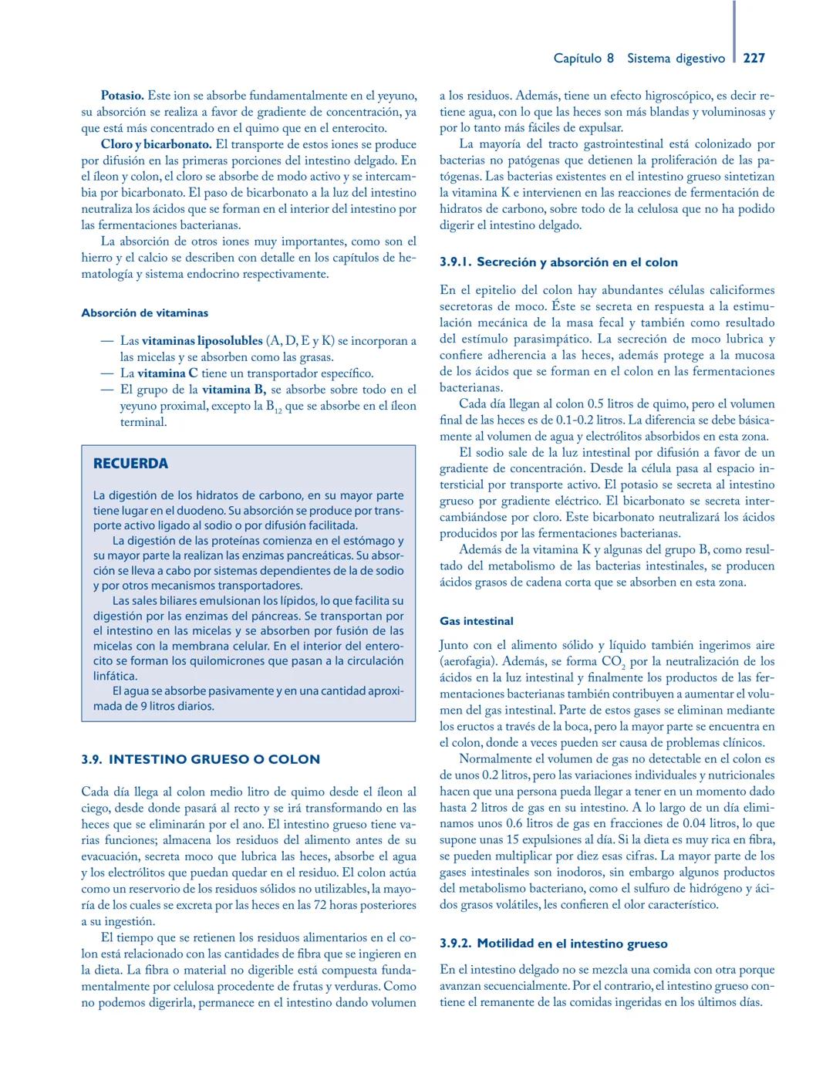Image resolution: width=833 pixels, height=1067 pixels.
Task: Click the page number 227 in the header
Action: (x=754, y=58)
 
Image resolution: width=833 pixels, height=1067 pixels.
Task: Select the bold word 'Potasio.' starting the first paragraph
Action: (x=122, y=96)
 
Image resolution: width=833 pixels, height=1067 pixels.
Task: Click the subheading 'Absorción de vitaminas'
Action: (x=144, y=312)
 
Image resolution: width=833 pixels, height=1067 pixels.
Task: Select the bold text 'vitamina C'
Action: (x=167, y=373)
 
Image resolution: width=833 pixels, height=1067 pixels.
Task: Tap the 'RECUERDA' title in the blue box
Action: (x=130, y=464)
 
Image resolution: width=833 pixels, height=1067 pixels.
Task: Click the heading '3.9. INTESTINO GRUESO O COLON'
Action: (x=201, y=759)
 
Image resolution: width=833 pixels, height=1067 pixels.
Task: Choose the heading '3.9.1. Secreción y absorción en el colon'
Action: (x=558, y=262)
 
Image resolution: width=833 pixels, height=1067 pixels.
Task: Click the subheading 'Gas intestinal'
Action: (x=476, y=621)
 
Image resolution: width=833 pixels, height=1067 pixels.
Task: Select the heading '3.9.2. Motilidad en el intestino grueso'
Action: (x=553, y=944)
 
